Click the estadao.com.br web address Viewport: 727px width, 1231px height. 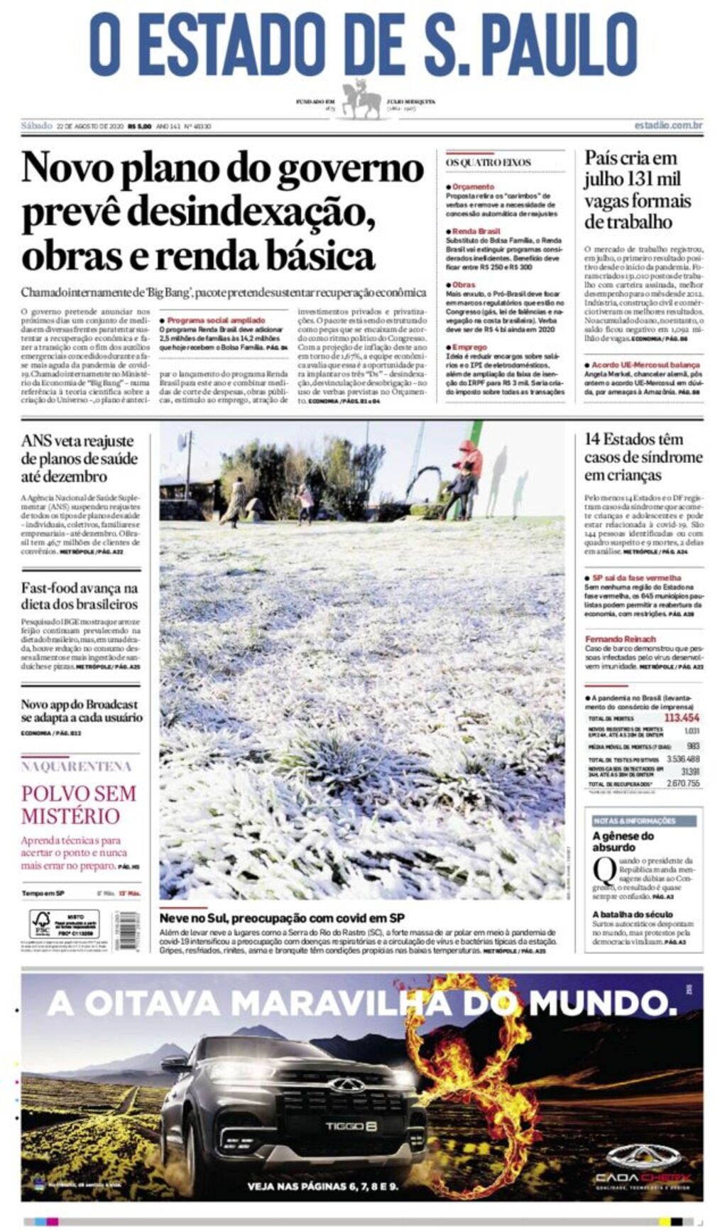coord(668,126)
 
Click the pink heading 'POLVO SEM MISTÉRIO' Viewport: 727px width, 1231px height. coord(78,804)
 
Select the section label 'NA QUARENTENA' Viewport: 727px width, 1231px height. coord(77,766)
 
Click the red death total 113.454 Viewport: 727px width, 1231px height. coord(681,717)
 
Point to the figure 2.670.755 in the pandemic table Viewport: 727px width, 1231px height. coord(682,783)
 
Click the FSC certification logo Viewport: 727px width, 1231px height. coord(41,923)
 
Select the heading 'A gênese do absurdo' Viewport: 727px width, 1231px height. coord(623,841)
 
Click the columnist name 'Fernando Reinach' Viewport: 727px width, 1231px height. coord(620,639)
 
